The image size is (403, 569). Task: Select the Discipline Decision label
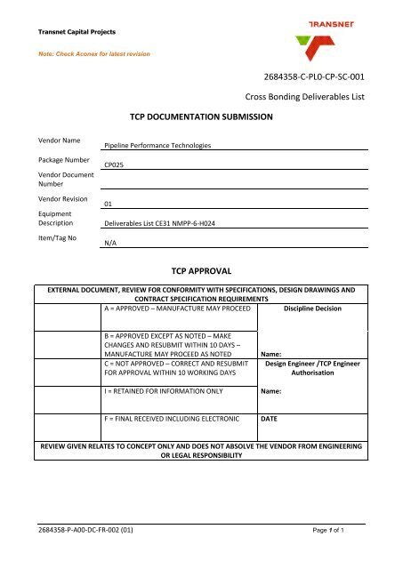point(313,310)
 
